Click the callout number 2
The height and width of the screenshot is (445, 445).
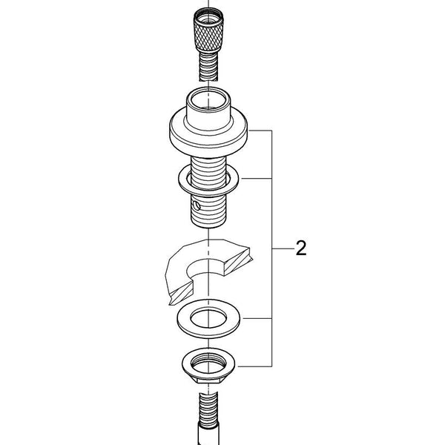301,248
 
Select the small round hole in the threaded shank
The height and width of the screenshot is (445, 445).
196,205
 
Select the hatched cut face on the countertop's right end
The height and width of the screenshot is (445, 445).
238,261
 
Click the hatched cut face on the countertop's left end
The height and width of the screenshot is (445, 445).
182,294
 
